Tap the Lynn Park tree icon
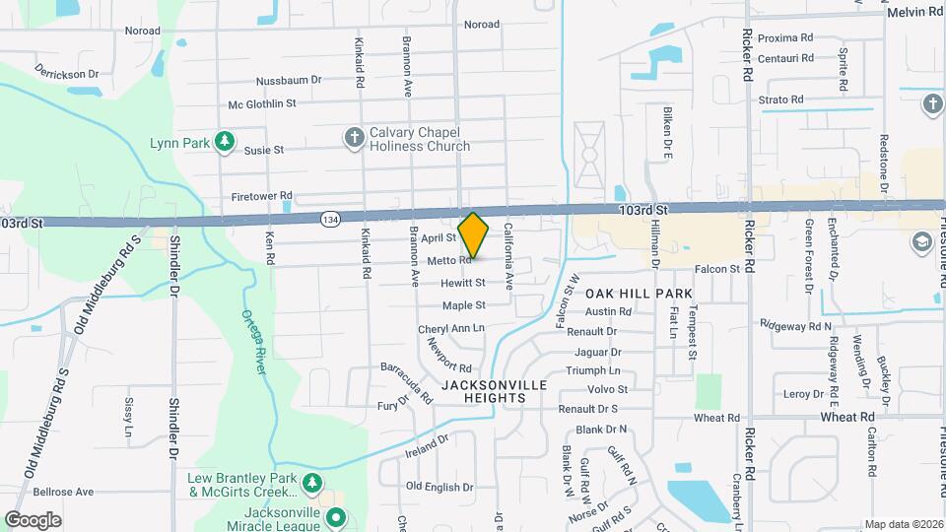click(x=226, y=142)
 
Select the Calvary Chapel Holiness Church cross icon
click(x=355, y=138)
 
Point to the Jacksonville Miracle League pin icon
click(x=336, y=516)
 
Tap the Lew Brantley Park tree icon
click(x=312, y=483)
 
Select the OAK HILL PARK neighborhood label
click(x=640, y=294)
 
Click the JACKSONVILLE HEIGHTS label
click(x=483, y=391)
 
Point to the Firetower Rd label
click(x=261, y=195)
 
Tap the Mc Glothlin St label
click(x=262, y=103)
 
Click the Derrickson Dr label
click(x=68, y=73)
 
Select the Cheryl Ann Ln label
click(x=451, y=328)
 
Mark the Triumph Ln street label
click(x=593, y=370)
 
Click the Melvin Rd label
click(x=914, y=11)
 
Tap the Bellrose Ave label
click(x=63, y=491)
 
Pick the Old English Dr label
click(x=433, y=486)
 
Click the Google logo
click(x=33, y=519)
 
